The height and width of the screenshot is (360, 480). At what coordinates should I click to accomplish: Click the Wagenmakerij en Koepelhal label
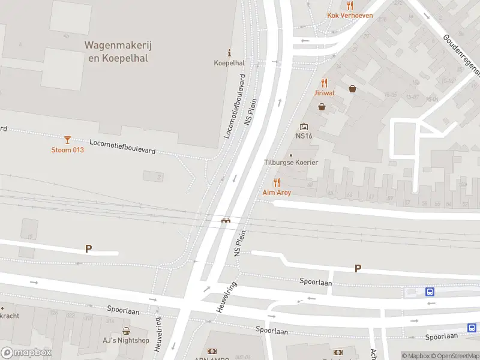(x=116, y=52)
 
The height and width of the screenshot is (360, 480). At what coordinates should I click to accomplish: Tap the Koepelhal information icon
(x=229, y=53)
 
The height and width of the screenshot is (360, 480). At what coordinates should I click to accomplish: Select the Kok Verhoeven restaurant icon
(x=350, y=5)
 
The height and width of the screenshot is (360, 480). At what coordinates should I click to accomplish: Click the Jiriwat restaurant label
(x=324, y=93)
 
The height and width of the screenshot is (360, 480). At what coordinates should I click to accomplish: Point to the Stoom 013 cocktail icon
(x=67, y=140)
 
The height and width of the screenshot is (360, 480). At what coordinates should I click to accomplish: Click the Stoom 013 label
(x=67, y=150)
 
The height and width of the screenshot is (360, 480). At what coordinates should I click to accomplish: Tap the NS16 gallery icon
(x=304, y=127)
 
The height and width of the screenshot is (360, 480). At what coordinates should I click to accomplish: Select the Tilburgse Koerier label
(x=291, y=163)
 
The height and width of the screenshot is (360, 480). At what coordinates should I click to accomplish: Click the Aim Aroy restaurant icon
(x=277, y=182)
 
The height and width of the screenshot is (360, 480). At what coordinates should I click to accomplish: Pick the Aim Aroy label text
(x=277, y=193)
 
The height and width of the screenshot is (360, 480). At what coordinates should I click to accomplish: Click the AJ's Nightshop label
(x=126, y=341)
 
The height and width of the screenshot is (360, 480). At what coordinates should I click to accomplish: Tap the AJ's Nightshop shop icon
(x=126, y=331)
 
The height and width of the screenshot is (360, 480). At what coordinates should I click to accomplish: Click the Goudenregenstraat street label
(x=463, y=57)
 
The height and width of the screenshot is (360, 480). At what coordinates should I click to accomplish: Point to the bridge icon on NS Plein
(x=226, y=220)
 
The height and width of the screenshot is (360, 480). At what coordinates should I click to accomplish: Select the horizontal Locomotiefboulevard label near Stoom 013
(x=122, y=147)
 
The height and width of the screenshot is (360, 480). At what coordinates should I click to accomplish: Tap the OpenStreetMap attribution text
(x=456, y=356)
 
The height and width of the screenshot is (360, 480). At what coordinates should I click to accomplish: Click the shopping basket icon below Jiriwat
(x=322, y=107)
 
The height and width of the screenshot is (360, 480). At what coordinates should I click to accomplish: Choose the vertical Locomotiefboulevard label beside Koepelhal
(x=235, y=106)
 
